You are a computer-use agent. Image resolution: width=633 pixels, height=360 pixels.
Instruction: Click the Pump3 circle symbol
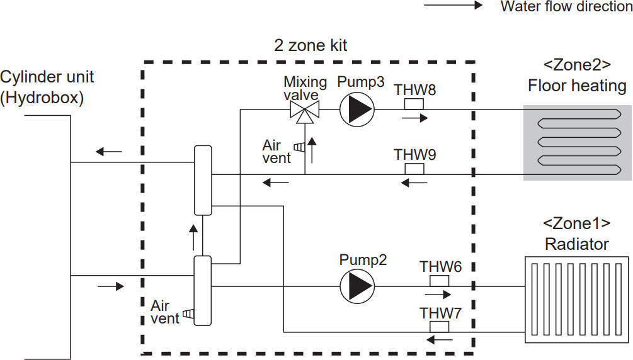(357, 109)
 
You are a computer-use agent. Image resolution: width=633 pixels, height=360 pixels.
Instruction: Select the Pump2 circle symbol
(357, 286)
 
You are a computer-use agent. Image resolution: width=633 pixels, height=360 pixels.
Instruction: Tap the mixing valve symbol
(304, 111)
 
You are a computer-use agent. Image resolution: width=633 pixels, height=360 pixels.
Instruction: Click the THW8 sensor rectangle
(413, 103)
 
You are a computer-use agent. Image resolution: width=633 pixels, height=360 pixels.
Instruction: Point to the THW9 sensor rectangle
(413, 168)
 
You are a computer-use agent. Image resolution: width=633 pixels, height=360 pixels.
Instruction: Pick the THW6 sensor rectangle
(439, 280)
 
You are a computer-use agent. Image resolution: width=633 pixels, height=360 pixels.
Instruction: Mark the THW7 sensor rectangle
(439, 326)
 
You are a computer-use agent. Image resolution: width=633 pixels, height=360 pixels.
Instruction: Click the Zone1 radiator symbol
(577, 299)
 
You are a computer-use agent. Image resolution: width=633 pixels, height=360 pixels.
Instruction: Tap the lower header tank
(203, 290)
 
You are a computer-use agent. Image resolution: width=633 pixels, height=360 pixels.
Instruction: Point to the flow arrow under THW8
(413, 117)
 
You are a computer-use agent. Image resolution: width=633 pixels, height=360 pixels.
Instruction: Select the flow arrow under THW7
(439, 340)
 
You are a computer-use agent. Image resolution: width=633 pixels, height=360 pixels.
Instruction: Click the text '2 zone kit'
(311, 45)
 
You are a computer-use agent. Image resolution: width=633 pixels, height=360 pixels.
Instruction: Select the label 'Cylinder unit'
(47, 77)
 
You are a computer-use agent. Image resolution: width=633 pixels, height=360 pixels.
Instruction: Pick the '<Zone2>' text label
(577, 65)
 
